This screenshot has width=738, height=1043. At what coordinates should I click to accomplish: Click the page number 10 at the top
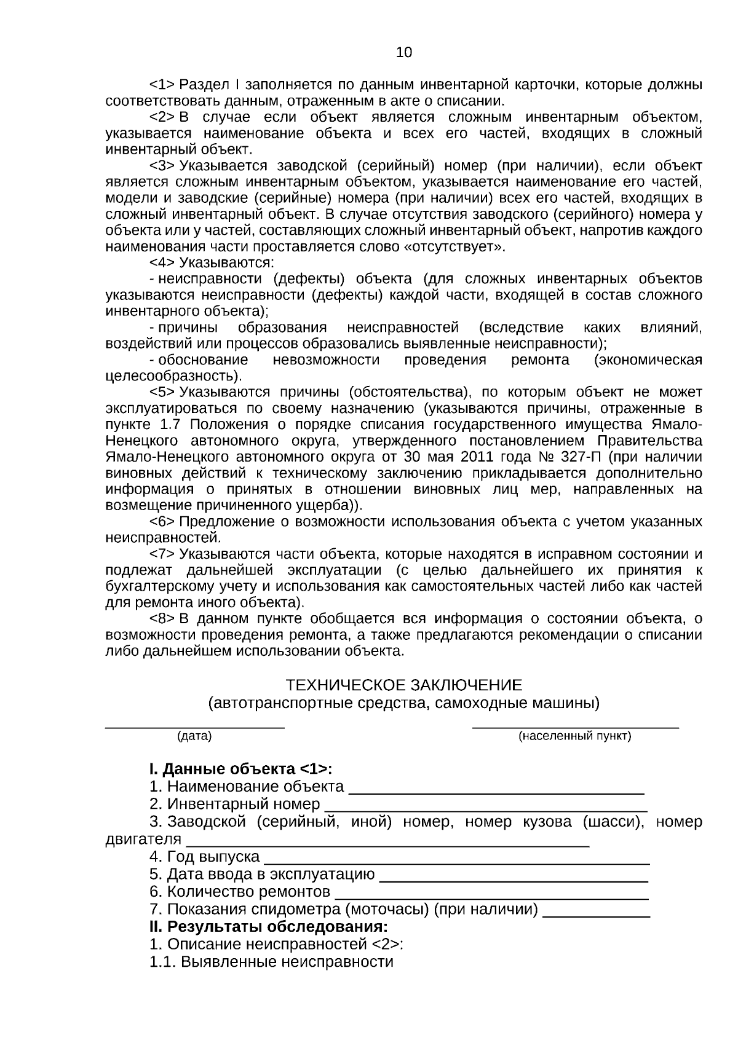click(x=404, y=53)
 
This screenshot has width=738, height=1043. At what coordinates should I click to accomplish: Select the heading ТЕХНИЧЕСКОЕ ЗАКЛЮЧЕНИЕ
click(x=404, y=685)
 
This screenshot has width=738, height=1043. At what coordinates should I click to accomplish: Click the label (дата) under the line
click(x=194, y=736)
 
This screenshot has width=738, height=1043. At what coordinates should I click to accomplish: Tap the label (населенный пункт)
click(x=575, y=736)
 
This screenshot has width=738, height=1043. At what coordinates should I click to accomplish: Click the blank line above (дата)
click(x=194, y=727)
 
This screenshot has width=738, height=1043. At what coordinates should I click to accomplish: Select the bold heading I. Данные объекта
click(x=240, y=769)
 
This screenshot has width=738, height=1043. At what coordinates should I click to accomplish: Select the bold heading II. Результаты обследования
click(x=268, y=926)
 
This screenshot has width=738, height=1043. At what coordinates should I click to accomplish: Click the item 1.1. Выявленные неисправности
click(x=271, y=962)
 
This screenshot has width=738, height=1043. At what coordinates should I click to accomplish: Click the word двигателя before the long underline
click(x=143, y=839)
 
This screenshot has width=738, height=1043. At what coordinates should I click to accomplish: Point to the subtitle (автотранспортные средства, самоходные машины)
click(x=404, y=703)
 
